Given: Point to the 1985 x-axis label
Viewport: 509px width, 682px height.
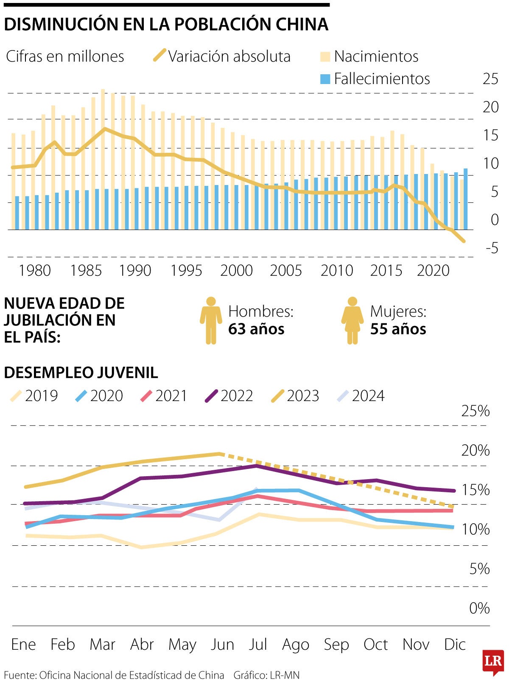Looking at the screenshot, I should point(86,270).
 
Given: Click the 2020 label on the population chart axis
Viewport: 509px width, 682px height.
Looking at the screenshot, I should point(433,270).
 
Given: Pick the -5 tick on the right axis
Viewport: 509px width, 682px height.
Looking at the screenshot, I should point(491,248).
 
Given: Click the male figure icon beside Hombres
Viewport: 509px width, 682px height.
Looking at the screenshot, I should point(211,320).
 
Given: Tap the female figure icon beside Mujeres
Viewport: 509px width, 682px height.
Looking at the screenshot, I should point(352,320).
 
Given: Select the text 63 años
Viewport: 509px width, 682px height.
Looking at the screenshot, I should point(256,329).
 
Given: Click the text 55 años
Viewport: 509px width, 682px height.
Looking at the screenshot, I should point(398,329).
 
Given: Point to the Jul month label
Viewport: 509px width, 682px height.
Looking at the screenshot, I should point(258,644).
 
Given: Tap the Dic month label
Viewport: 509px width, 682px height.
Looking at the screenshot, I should point(455,644).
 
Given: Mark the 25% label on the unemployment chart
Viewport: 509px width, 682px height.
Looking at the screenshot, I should point(475,411).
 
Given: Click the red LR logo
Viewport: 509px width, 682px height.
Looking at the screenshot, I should point(493,661).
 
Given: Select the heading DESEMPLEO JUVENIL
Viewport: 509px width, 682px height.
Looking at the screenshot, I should point(81,373).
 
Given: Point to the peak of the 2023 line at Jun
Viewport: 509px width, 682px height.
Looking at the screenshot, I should point(219,454).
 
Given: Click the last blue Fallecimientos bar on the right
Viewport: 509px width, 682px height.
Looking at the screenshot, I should point(465,199).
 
